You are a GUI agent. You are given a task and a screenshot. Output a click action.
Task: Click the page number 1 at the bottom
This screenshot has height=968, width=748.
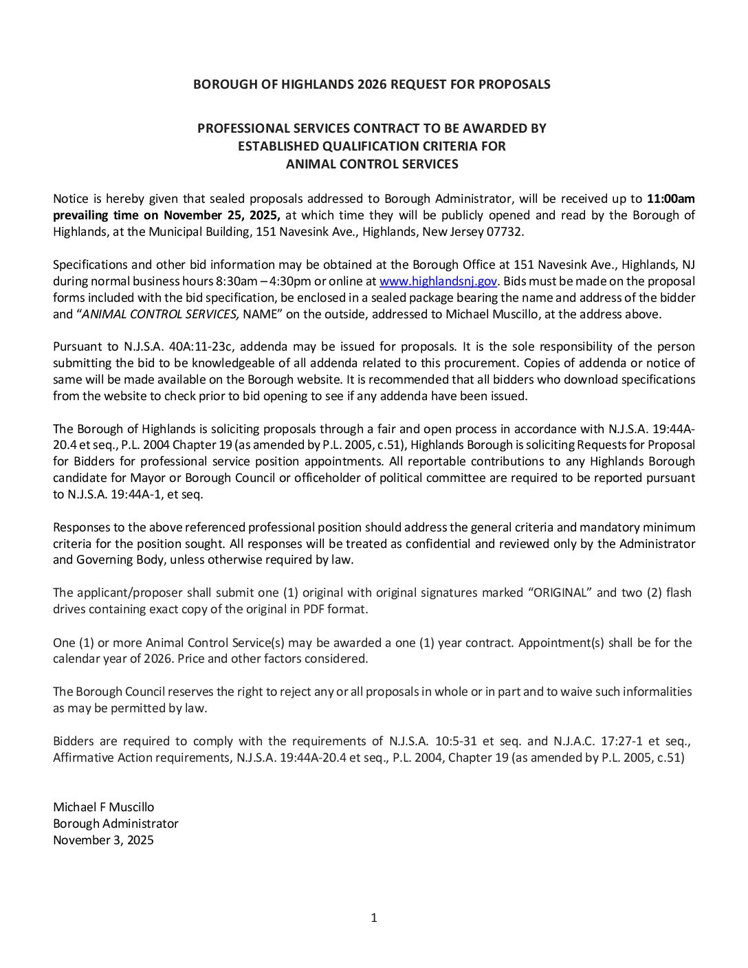tap(374, 918)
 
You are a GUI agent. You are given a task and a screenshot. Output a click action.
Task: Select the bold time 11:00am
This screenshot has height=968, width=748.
tap(671, 199)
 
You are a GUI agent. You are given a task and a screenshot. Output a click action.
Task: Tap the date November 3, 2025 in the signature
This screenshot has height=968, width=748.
tap(103, 840)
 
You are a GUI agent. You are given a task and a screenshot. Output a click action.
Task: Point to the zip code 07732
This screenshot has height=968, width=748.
tap(507, 232)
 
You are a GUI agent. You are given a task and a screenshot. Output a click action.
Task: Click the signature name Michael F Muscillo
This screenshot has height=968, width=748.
tap(104, 807)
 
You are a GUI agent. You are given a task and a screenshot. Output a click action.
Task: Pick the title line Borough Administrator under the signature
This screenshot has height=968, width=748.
tap(115, 824)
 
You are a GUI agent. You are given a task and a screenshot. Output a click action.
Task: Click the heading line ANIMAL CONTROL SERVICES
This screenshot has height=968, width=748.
tap(372, 164)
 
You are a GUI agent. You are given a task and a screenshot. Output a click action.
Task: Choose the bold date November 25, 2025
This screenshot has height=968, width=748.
tap(222, 215)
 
